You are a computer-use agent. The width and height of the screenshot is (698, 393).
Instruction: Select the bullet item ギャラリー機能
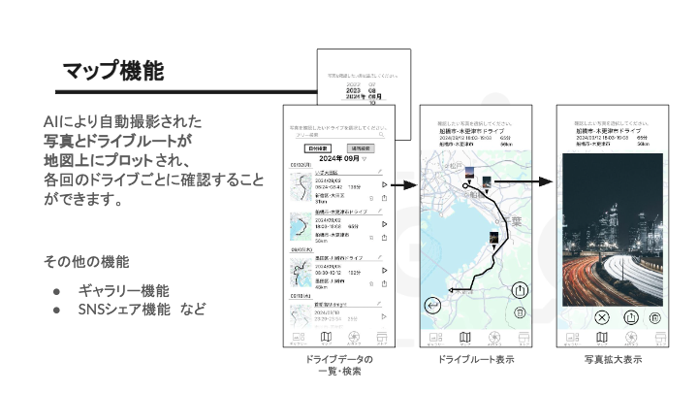pos(123,290)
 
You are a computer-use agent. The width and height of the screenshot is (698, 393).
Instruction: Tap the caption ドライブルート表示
pos(476,360)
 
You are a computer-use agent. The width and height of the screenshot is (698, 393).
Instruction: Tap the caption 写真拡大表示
pos(613,360)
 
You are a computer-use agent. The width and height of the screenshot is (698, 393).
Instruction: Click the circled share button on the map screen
pos(521,290)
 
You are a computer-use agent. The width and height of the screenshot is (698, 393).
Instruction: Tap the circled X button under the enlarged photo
pos(601,317)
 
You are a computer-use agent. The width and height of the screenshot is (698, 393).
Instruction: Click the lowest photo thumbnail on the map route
pos(494,236)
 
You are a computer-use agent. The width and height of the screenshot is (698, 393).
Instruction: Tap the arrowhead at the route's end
pos(452,289)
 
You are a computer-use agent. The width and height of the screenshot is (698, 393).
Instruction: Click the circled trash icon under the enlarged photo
pos(655,317)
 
